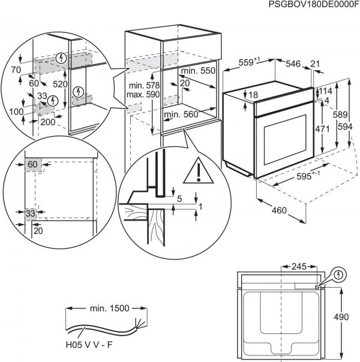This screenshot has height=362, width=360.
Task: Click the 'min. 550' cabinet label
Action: coord(199,70)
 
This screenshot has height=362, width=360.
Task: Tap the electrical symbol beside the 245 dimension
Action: coord(340,276)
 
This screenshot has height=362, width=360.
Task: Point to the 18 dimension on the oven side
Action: coord(254,95)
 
